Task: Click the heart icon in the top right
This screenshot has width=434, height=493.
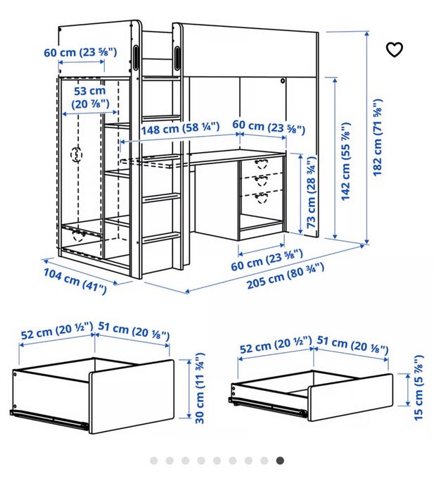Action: [395, 49]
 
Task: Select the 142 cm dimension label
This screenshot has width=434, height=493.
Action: [345, 162]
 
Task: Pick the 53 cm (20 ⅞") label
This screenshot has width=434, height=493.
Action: [89, 97]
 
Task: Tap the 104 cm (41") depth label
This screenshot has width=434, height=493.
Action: [75, 280]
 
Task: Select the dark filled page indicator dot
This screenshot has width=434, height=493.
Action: [280, 461]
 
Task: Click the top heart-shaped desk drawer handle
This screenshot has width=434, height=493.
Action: [262, 162]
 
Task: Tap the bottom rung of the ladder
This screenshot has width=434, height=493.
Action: [160, 237]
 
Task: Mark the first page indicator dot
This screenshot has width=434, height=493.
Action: [153, 461]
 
